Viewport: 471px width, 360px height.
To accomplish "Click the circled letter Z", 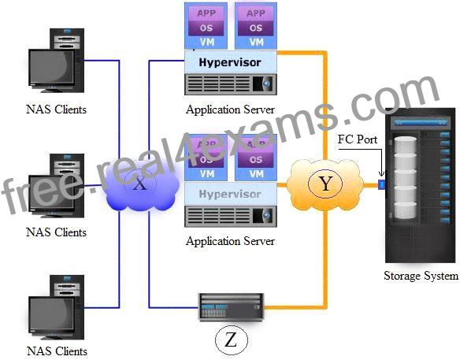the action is tap(232, 340).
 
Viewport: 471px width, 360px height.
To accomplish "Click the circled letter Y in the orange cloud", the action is tap(325, 183).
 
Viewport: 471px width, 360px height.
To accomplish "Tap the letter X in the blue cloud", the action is tap(140, 184).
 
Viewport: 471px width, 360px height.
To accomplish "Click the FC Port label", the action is tap(358, 139).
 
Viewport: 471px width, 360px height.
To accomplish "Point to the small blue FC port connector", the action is tap(381, 184).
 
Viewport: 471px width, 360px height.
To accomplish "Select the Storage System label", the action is tap(421, 276).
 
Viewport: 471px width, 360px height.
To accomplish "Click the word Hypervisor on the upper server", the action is tap(230, 62).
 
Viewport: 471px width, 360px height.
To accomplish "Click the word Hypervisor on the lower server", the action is tap(230, 194).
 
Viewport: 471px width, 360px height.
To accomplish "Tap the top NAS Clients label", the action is tap(56, 109).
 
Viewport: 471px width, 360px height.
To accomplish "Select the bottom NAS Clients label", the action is tap(57, 351).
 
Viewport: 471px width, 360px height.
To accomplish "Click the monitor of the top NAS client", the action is tap(51, 69).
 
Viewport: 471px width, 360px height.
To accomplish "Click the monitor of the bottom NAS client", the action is tap(51, 315).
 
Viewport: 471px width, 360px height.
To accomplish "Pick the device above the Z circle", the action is tap(231, 306).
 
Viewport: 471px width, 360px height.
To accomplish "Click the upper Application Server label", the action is tap(230, 109).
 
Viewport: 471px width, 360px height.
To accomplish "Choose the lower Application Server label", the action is tap(230, 241).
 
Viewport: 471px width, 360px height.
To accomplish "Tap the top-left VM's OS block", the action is tap(206, 28).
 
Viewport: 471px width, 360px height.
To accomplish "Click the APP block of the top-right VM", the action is tap(256, 13).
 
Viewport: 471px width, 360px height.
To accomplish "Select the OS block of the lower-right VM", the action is tap(256, 159).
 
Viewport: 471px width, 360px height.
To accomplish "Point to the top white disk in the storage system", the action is tap(405, 146).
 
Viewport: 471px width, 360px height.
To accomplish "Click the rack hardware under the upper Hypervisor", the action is tap(231, 84).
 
